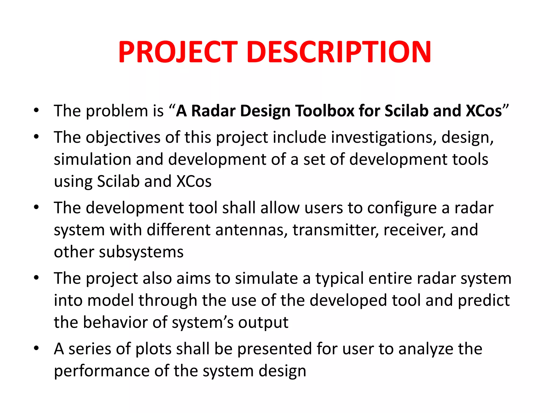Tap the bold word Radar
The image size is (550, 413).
click(x=213, y=111)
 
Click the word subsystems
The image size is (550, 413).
click(x=141, y=252)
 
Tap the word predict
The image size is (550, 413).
click(x=484, y=301)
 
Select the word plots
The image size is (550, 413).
click(x=153, y=349)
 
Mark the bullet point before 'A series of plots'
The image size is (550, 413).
click(x=36, y=348)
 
